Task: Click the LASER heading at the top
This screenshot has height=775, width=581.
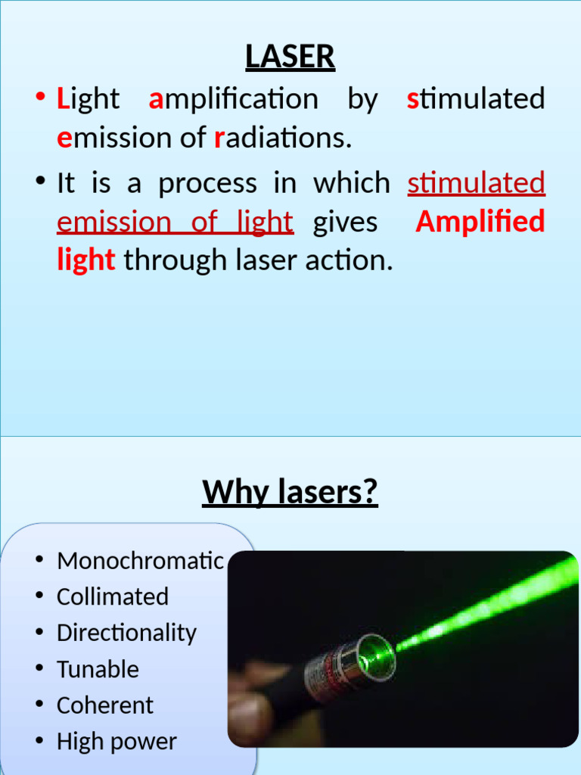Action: tap(290, 57)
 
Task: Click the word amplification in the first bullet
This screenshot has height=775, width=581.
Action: tap(233, 99)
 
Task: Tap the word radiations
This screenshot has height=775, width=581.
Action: tap(283, 138)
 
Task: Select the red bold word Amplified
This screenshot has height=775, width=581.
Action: tap(480, 222)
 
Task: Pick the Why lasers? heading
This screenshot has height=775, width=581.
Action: tap(290, 493)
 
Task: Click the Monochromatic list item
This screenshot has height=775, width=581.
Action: tap(140, 561)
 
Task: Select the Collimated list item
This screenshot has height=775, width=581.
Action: tap(113, 596)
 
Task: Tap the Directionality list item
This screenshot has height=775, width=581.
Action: tap(126, 633)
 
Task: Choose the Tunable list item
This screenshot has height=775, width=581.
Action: tap(98, 669)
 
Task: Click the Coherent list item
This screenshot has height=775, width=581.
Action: tap(104, 705)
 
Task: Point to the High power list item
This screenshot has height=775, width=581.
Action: tap(117, 742)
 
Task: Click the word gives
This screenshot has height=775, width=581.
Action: tap(345, 222)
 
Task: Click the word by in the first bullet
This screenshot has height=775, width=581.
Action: tap(362, 99)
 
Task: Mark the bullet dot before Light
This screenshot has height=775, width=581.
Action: tap(39, 99)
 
